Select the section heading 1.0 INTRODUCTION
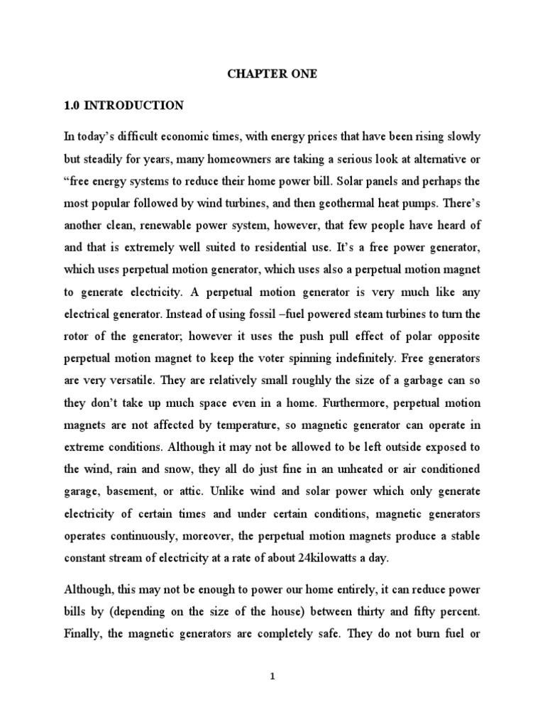point(123,106)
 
